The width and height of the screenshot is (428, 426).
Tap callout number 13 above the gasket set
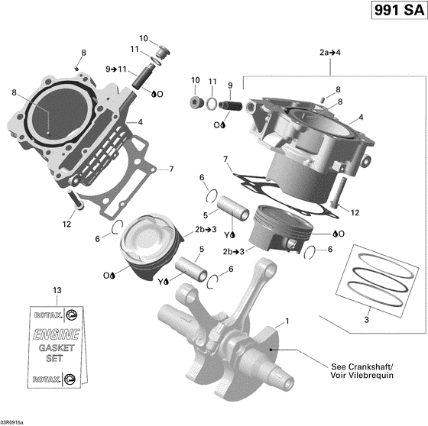[54, 291]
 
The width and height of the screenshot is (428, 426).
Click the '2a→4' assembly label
[330, 53]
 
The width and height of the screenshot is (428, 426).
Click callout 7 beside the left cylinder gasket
[171, 169]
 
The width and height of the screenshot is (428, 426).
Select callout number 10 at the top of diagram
[144, 38]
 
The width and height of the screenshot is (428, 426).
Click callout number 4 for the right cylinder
[361, 117]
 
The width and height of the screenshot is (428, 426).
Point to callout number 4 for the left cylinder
[140, 122]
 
